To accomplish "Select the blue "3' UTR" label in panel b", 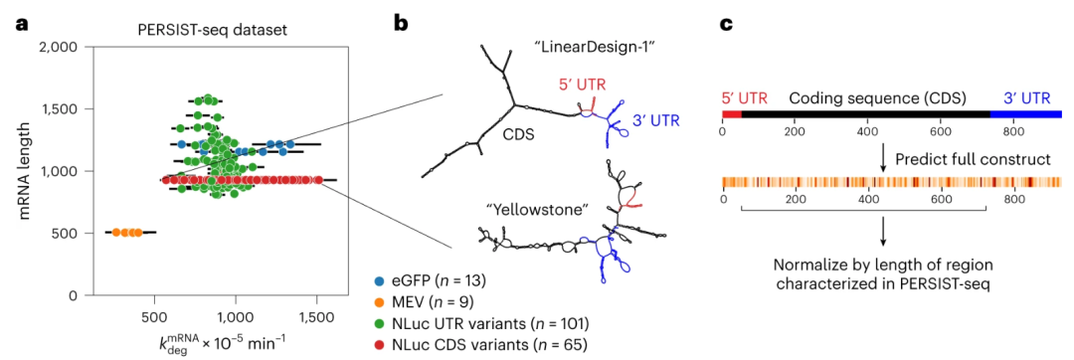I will point(656,121).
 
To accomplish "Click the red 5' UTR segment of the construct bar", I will point(732,115).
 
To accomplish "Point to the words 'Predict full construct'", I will point(961,159).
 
